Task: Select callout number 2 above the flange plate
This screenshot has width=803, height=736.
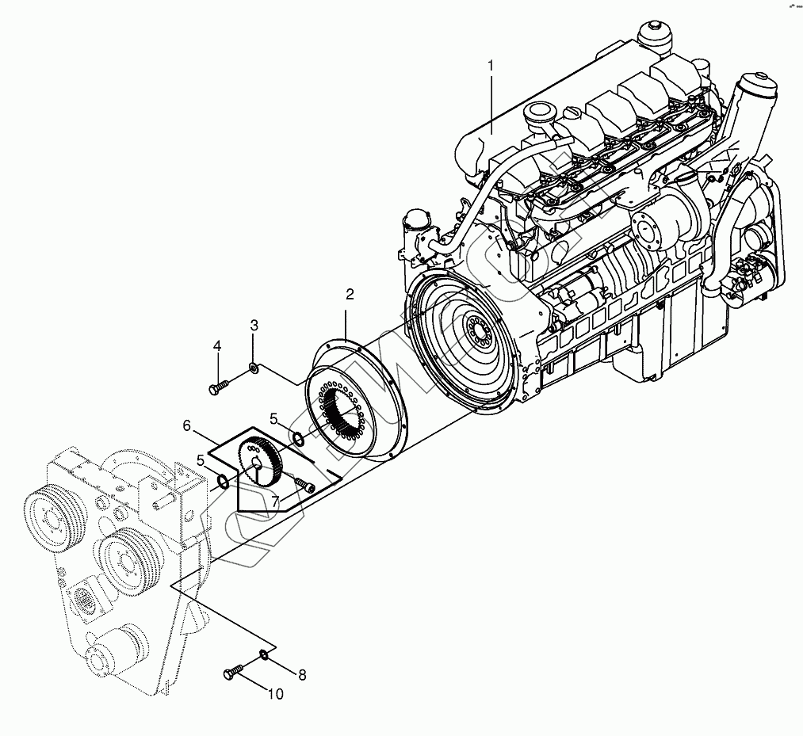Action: pos(350,295)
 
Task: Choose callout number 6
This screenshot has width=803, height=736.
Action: pos(187,425)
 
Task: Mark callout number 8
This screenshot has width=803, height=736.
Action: pos(301,675)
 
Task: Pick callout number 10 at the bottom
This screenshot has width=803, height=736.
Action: pos(274,695)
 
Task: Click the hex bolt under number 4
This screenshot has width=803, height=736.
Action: pos(218,387)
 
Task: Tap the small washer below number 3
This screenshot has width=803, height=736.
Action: pos(254,367)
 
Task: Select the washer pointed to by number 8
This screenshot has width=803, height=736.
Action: pos(262,655)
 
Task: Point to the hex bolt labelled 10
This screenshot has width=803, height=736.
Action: pos(233,673)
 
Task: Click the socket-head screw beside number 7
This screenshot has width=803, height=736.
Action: pos(304,485)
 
